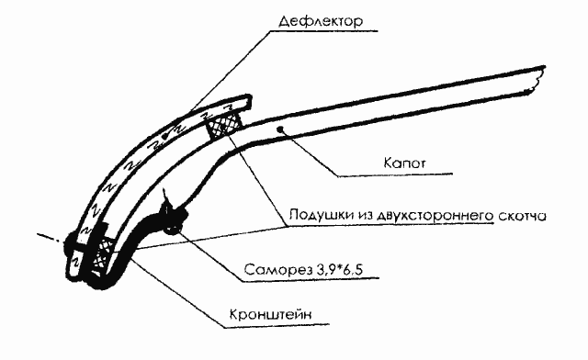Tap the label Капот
(x=401, y=163)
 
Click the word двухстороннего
(x=436, y=217)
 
